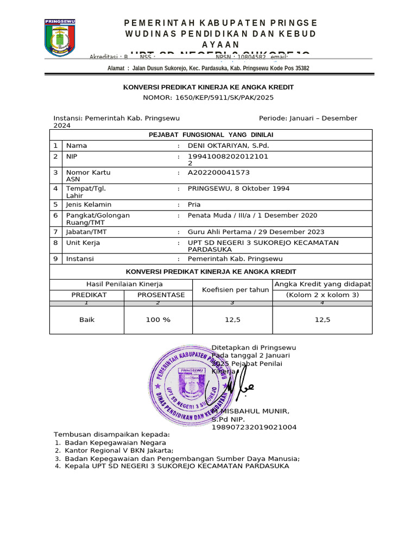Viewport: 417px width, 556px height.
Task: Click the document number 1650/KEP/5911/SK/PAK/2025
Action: click(208, 98)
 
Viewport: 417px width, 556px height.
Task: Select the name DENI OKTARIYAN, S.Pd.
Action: click(228, 146)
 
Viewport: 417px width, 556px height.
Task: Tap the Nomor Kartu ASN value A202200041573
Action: click(219, 173)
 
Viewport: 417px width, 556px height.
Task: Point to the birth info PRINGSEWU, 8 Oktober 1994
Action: click(238, 188)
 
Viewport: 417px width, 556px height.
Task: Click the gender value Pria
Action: click(194, 205)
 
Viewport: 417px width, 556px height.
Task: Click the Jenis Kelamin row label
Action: click(89, 205)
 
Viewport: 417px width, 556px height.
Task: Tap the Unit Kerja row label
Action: click(83, 243)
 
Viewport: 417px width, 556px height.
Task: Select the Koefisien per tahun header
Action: click(235, 290)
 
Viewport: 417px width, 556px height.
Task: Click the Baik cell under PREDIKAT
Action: click(87, 320)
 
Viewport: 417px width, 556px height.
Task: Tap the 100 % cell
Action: click(158, 320)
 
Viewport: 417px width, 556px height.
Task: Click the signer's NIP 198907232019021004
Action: click(254, 427)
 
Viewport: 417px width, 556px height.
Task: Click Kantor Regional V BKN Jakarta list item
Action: click(119, 451)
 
